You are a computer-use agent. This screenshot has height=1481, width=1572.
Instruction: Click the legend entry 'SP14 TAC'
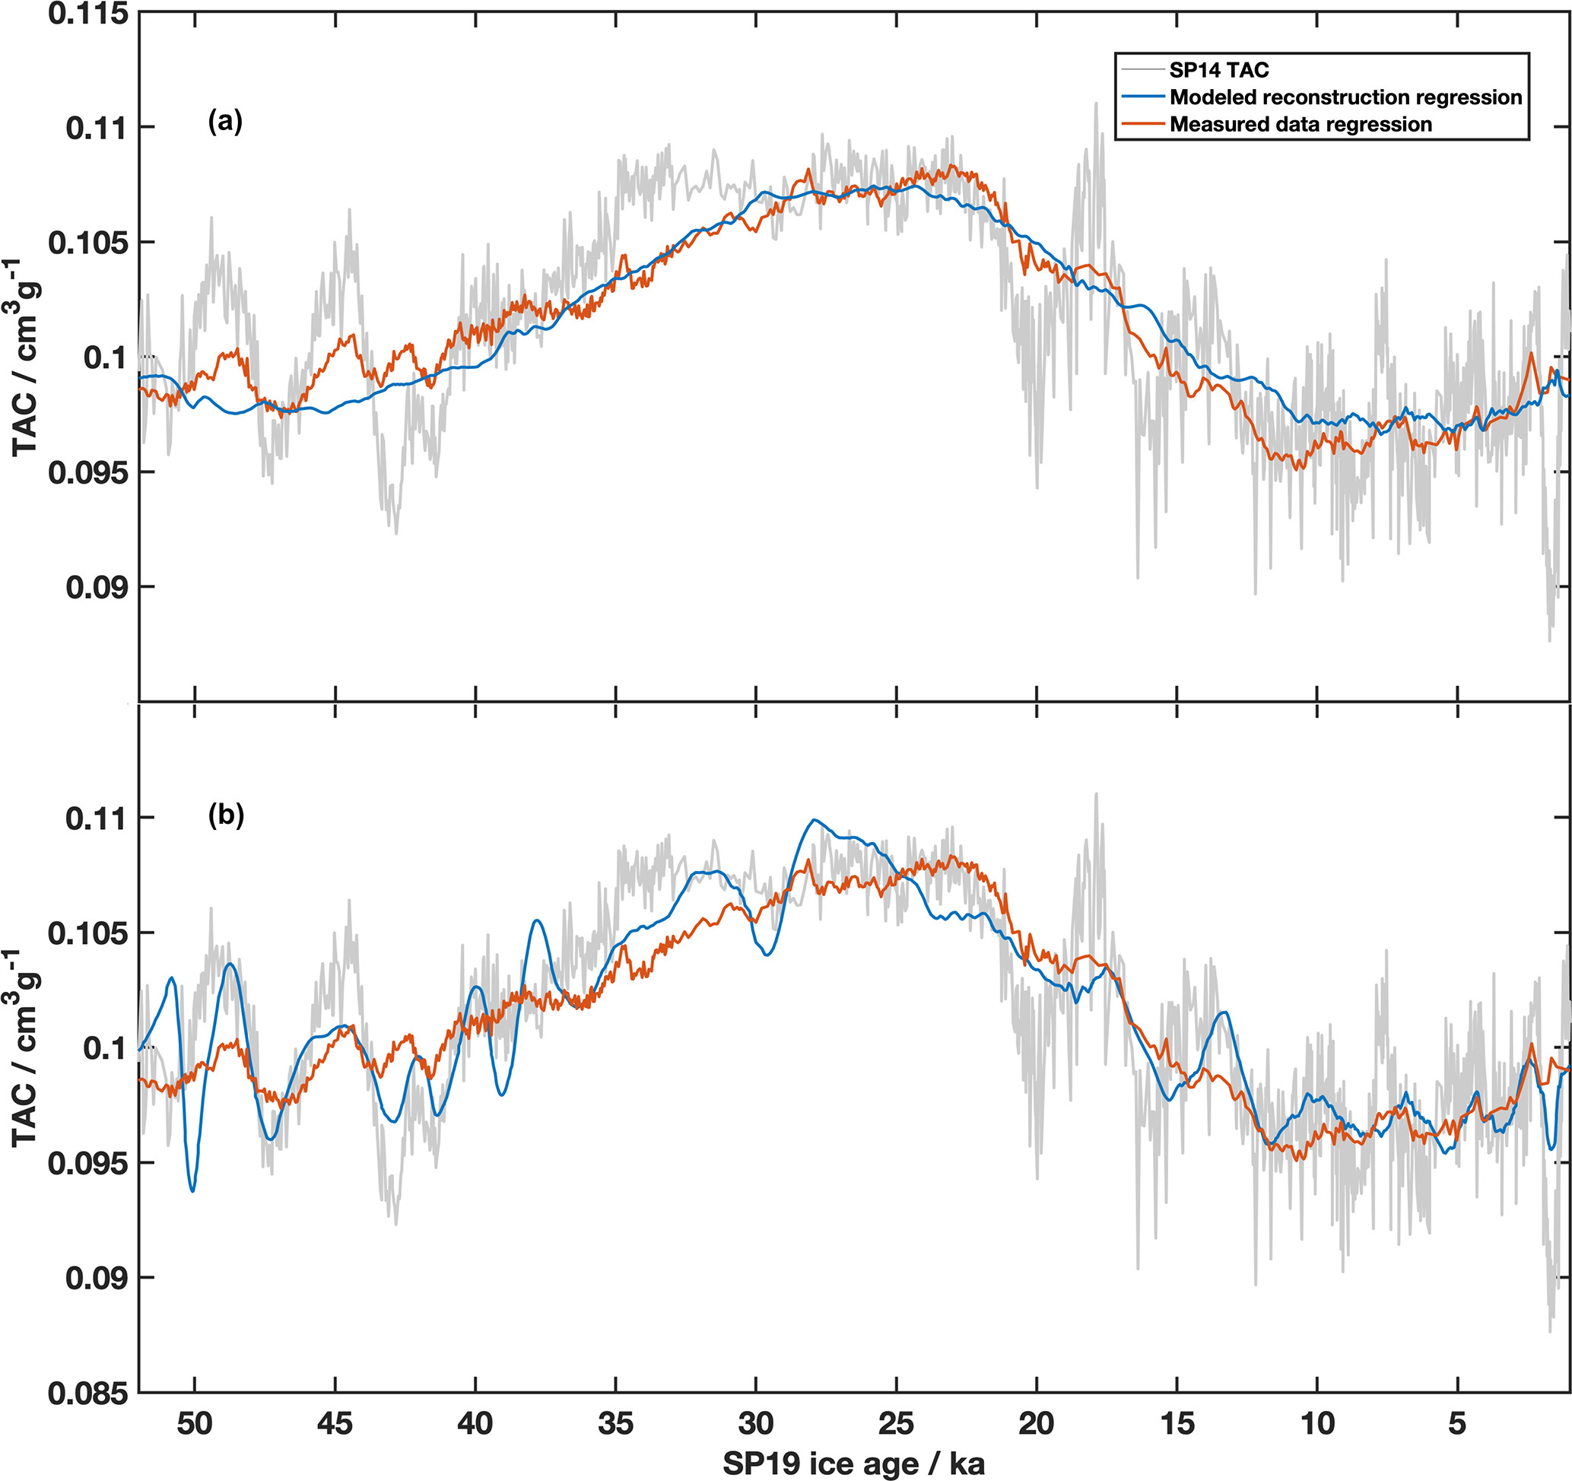(x=1218, y=71)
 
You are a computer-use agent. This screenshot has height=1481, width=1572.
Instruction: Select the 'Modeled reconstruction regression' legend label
(x=1345, y=97)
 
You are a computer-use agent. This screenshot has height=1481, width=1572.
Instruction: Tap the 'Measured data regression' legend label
(x=1300, y=124)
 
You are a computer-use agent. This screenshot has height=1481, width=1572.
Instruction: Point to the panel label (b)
(x=225, y=815)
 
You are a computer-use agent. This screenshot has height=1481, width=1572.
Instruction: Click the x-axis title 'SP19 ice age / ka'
(x=854, y=1463)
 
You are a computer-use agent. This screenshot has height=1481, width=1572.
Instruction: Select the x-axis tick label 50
(x=195, y=1422)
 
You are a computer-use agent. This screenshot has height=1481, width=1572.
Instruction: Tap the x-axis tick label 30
(x=756, y=1422)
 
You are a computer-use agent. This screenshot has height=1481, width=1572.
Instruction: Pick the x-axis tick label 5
(x=1457, y=1422)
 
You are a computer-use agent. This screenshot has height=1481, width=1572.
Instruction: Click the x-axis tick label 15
(x=1177, y=1422)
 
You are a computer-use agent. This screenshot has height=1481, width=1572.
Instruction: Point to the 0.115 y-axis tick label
(x=88, y=14)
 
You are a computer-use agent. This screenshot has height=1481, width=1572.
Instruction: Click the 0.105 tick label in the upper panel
(x=88, y=243)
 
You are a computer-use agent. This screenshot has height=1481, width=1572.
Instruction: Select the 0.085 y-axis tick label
(x=88, y=1394)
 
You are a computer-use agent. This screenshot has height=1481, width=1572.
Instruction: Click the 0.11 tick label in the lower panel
(x=97, y=818)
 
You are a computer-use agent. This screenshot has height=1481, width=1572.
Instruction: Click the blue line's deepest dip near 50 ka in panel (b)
(x=192, y=1190)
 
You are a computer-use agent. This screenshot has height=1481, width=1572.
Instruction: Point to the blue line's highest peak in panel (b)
(x=814, y=820)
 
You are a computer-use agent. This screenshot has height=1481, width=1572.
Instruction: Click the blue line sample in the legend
(x=1142, y=97)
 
